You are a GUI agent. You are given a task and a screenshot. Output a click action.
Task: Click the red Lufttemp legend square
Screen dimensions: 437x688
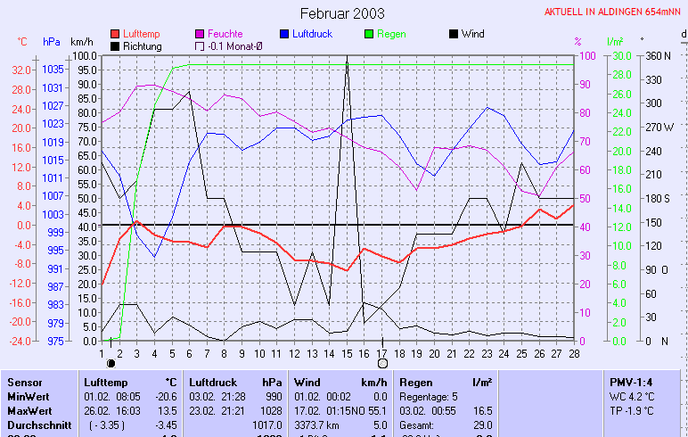pyautogui.click(x=115, y=34)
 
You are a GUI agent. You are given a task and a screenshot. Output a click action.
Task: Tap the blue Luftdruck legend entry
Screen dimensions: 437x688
pyautogui.click(x=313, y=34)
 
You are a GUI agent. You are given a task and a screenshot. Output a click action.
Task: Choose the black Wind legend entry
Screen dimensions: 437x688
pyautogui.click(x=472, y=34)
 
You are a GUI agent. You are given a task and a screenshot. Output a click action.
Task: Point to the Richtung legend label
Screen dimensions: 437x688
pyautogui.click(x=142, y=45)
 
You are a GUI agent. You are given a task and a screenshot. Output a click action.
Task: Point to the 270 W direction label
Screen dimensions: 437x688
pyautogui.click(x=660, y=127)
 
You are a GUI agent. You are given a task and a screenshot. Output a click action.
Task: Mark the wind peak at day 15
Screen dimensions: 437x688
pyautogui.click(x=347, y=57)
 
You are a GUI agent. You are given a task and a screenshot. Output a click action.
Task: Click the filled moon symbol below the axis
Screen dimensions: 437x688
pyautogui.click(x=111, y=363)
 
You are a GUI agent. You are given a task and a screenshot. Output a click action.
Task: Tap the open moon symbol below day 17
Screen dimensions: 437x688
pyautogui.click(x=381, y=363)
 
